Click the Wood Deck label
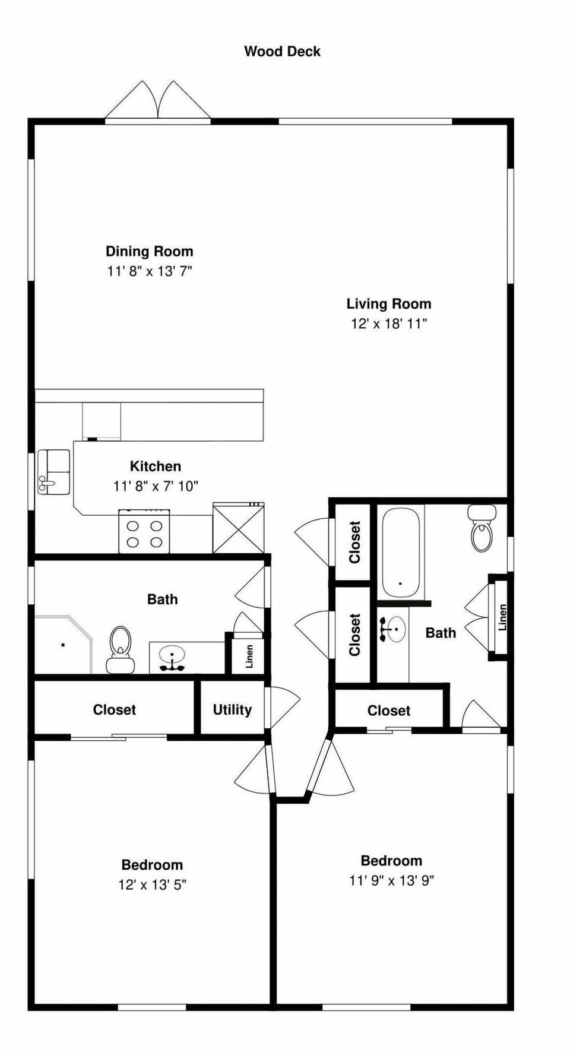282,52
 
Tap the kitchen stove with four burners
144,532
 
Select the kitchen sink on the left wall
53,472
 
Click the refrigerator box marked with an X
238,528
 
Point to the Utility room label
232,709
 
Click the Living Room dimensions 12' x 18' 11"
389,324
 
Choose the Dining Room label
149,251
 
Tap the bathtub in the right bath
400,552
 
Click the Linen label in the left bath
249,656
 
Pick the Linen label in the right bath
502,617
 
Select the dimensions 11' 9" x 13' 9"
391,880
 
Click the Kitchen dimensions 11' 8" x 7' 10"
156,486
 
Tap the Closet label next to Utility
114,709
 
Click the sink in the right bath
392,629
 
